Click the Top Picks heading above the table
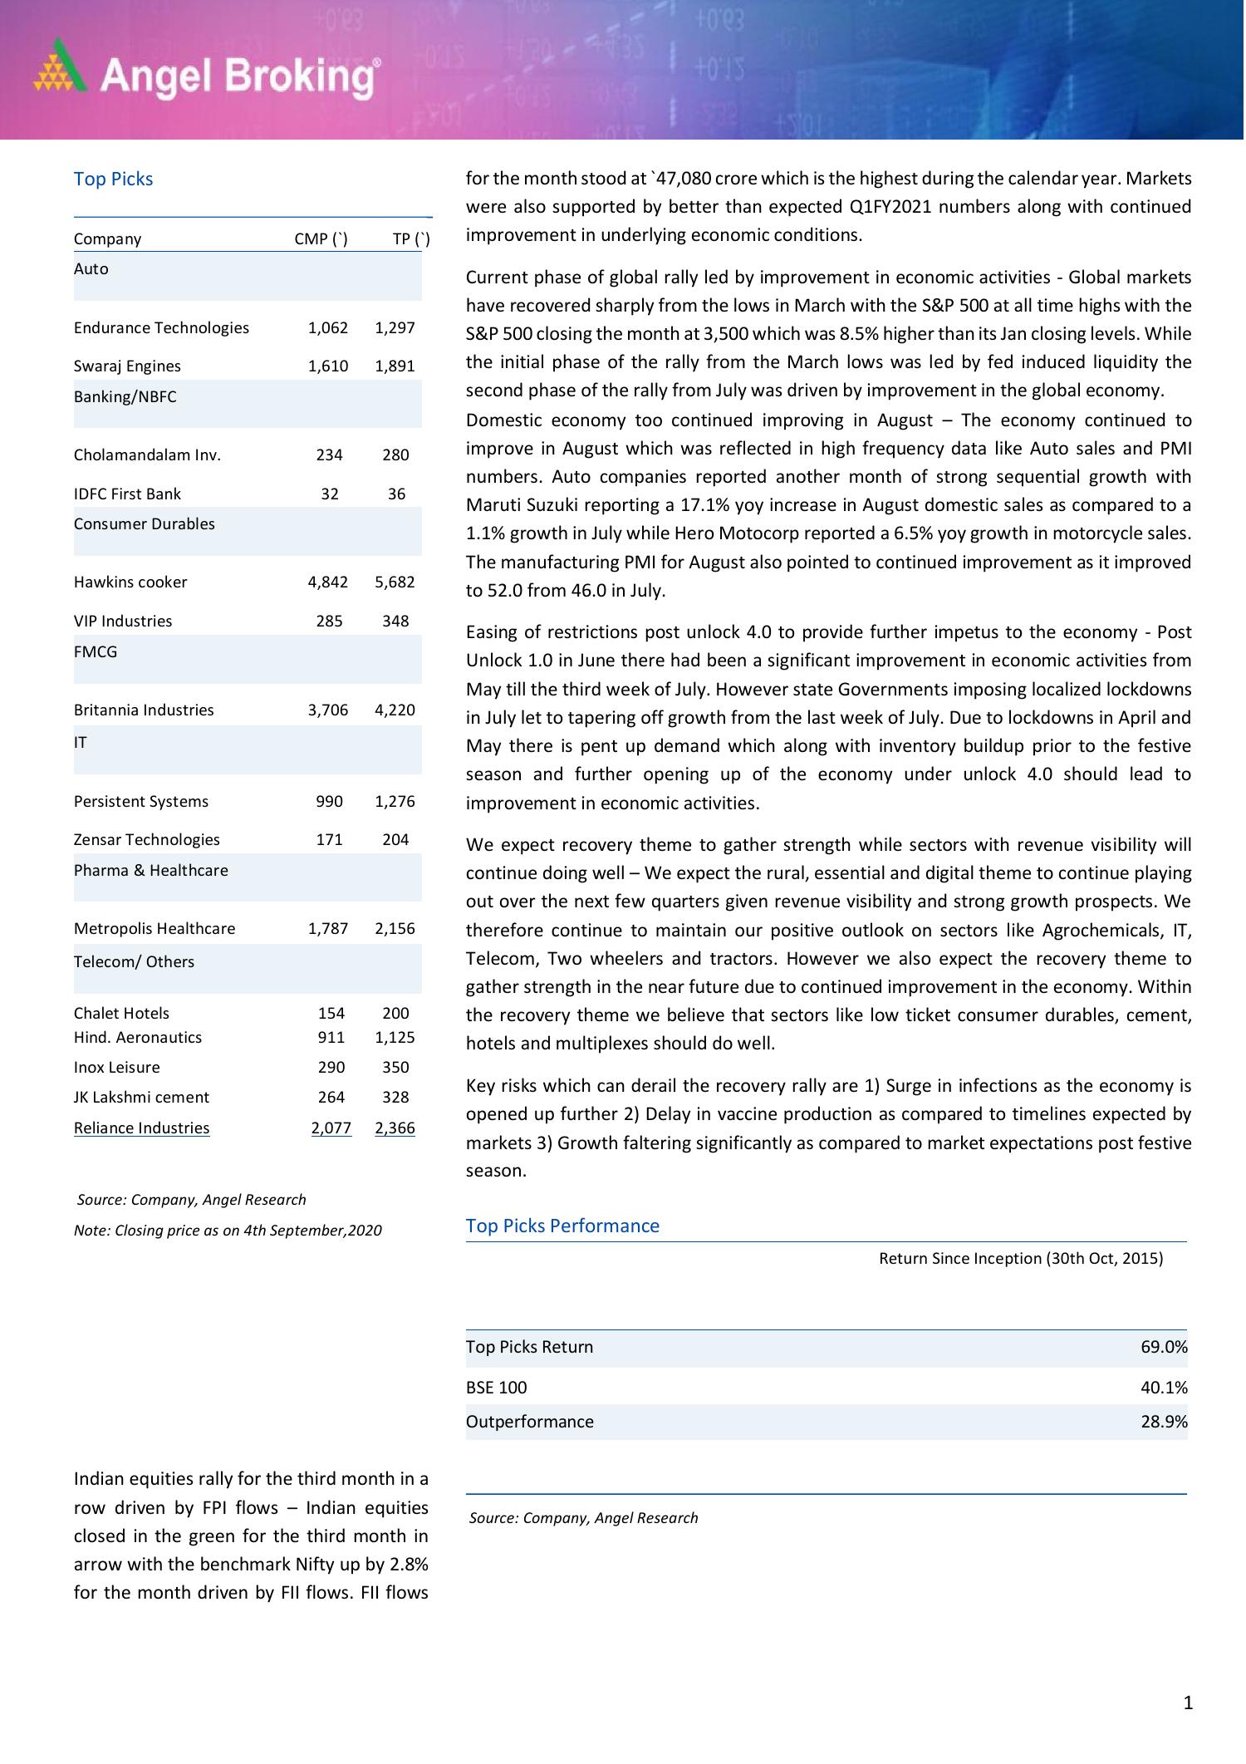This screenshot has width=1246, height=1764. tap(113, 179)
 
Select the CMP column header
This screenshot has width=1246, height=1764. tap(321, 239)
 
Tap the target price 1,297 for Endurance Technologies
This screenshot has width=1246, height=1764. tap(395, 327)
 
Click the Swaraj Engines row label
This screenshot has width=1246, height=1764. tap(127, 366)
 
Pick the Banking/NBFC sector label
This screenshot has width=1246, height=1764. tap(125, 396)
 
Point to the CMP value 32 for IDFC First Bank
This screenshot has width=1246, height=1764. tap(330, 494)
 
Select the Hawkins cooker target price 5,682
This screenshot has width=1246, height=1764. tap(395, 582)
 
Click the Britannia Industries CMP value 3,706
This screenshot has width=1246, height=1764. tap(328, 710)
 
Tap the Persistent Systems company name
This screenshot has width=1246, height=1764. tap(141, 801)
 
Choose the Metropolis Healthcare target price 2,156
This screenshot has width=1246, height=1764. tap(395, 928)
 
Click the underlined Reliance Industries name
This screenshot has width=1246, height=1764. tap(142, 1128)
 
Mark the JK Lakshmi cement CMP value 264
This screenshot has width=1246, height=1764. tap(331, 1097)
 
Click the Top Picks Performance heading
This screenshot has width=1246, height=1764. tap(562, 1226)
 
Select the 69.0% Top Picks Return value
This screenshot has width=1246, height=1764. tap(1164, 1347)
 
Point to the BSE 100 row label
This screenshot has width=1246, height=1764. tap(496, 1387)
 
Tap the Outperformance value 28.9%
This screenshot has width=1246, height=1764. tap(1164, 1422)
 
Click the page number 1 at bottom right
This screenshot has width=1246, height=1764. tap(1188, 1703)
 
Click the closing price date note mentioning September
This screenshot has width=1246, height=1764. tap(228, 1230)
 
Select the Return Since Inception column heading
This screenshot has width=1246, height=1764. tap(1021, 1258)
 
